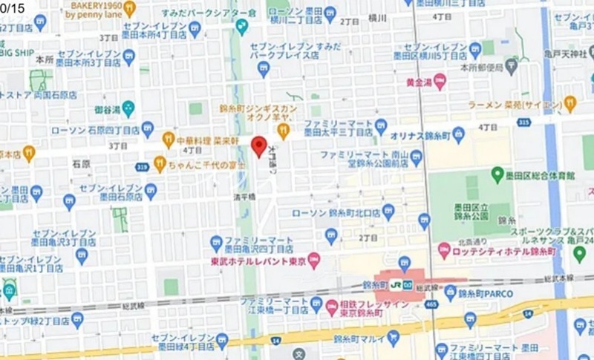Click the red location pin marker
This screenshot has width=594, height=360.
point(258,146)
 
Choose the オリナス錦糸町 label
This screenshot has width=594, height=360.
point(419,136)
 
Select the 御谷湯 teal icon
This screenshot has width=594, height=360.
point(128,108)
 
